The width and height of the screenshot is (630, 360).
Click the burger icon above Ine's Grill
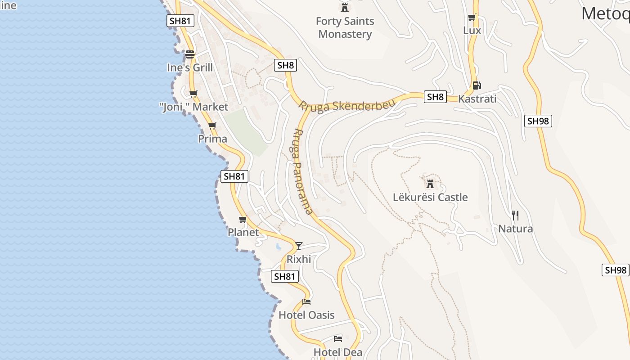point(190,54)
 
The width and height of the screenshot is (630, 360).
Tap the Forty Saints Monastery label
point(345,27)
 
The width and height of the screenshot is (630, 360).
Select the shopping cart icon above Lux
point(472,18)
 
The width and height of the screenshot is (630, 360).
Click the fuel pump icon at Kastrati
point(477,85)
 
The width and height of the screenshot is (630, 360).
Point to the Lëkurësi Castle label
point(430,197)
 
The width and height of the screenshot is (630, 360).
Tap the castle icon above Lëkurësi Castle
point(430,184)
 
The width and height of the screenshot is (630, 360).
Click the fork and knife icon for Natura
point(515,215)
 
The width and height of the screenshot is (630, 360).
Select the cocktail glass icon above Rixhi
point(298,246)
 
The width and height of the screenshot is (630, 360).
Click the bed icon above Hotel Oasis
point(306,301)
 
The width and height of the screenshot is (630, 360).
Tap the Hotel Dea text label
point(338,352)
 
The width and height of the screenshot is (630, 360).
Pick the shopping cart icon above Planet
point(243,219)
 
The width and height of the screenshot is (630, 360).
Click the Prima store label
point(212,139)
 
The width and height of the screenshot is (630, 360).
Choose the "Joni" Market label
point(194,107)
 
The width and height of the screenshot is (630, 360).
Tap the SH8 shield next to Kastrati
point(435,97)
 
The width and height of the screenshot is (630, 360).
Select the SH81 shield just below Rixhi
point(285,276)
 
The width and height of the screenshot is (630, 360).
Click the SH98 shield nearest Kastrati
point(538,121)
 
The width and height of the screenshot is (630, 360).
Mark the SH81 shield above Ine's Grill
point(180,20)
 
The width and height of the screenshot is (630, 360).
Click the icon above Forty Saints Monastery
point(345,7)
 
